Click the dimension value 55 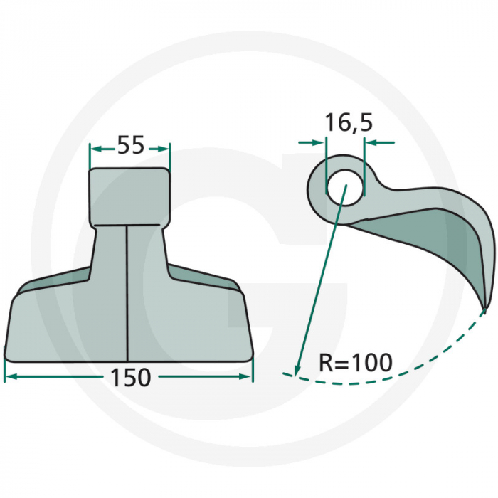pyautogui.click(x=130, y=145)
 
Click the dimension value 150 pyautogui.click(x=130, y=377)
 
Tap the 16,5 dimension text pyautogui.click(x=348, y=122)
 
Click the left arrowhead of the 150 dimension pyautogui.click(x=9, y=377)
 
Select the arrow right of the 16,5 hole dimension pyautogui.click(x=371, y=143)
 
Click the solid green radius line pyautogui.click(x=320, y=277)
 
